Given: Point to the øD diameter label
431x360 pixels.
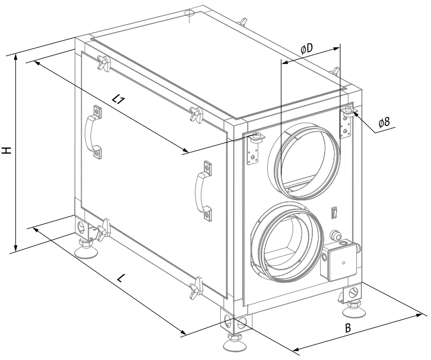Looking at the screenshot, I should [307, 49].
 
